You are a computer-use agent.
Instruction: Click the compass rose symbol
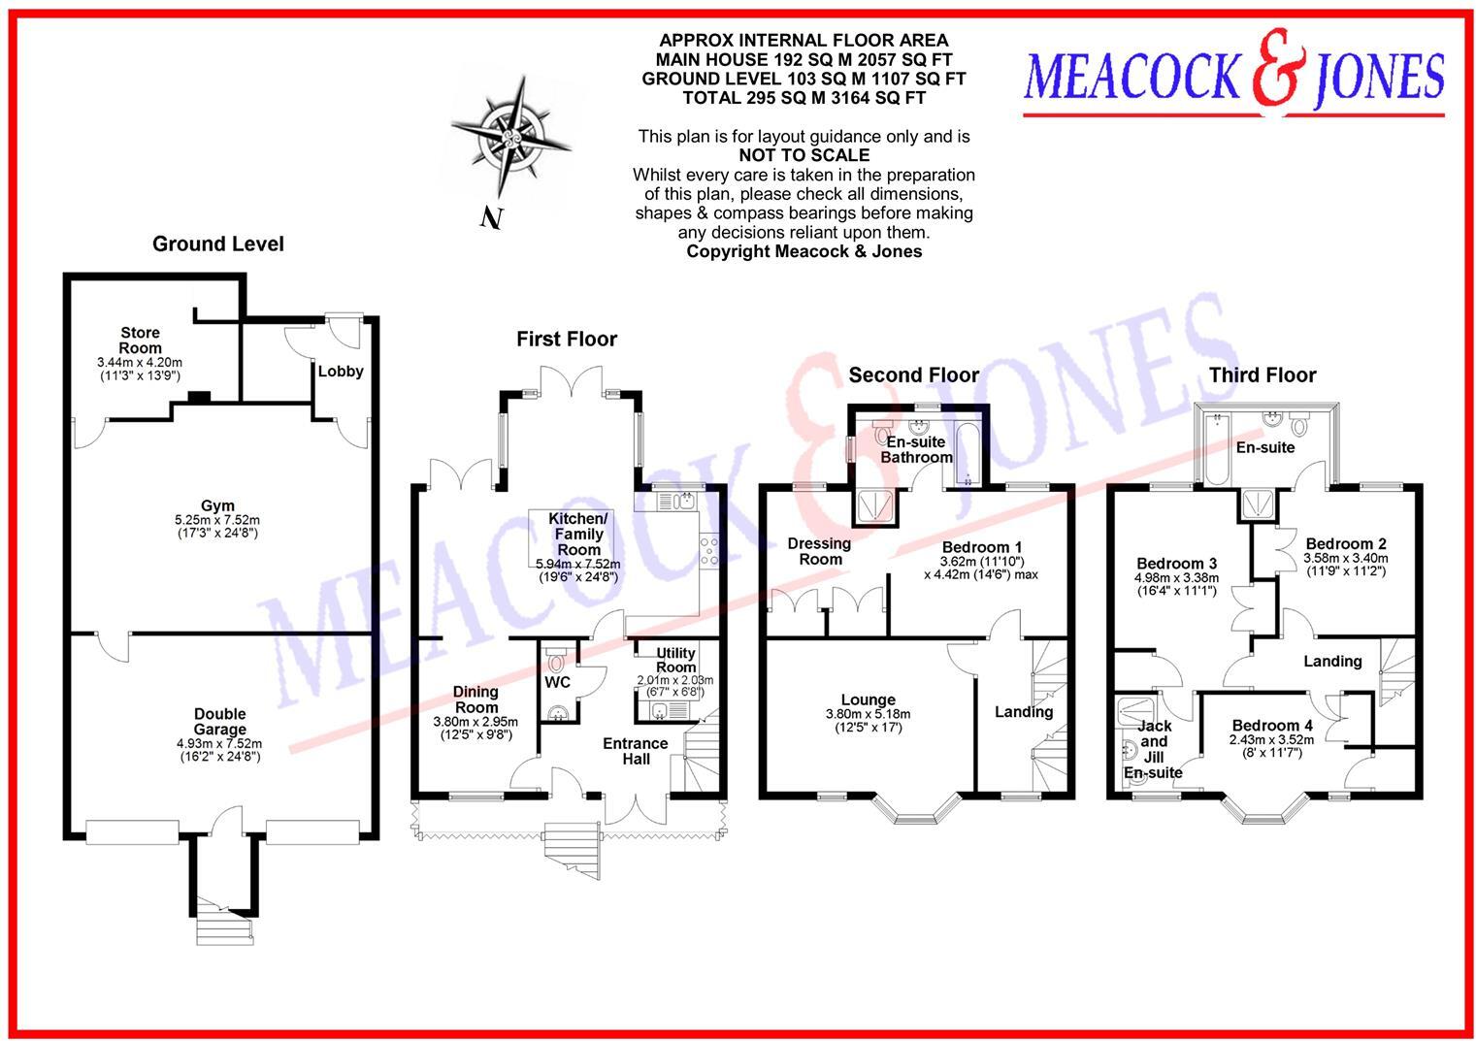[x=510, y=139]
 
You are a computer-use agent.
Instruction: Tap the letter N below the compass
[x=491, y=219]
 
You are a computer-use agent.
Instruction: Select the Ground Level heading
[x=217, y=244]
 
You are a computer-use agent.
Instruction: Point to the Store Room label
[x=140, y=341]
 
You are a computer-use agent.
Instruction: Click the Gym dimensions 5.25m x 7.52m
[x=217, y=520]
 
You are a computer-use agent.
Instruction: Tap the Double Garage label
[x=219, y=722]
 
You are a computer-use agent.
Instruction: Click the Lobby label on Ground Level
[x=341, y=371]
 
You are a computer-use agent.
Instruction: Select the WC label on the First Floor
[x=557, y=682]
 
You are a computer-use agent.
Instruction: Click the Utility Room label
[x=675, y=661]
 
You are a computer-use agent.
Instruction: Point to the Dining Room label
[x=476, y=699]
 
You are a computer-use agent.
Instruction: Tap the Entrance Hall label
[x=636, y=751]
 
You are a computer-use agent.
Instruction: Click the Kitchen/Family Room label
[x=578, y=534]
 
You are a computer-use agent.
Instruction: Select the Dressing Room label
[x=819, y=551]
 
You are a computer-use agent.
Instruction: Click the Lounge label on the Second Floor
[x=868, y=699]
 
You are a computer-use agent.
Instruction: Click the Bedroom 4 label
[x=1272, y=725]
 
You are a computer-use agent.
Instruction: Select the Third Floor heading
[x=1262, y=375]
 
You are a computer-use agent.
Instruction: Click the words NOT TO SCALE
[x=804, y=155]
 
